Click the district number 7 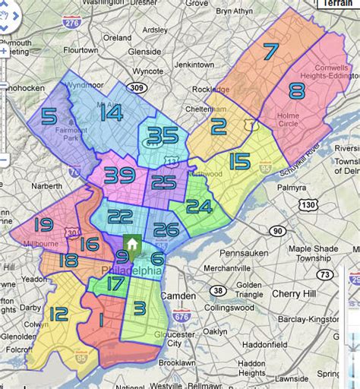pyautogui.click(x=270, y=52)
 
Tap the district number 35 pyautogui.click(x=163, y=137)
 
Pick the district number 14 pyautogui.click(x=111, y=113)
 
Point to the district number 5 pyautogui.click(x=49, y=117)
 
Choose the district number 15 pyautogui.click(x=238, y=161)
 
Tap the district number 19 pyautogui.click(x=43, y=225)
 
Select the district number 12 pyautogui.click(x=58, y=312)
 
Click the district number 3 pyautogui.click(x=139, y=308)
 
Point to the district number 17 pyautogui.click(x=115, y=284)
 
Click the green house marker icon pyautogui.click(x=131, y=245)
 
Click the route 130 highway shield pyautogui.click(x=308, y=205)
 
